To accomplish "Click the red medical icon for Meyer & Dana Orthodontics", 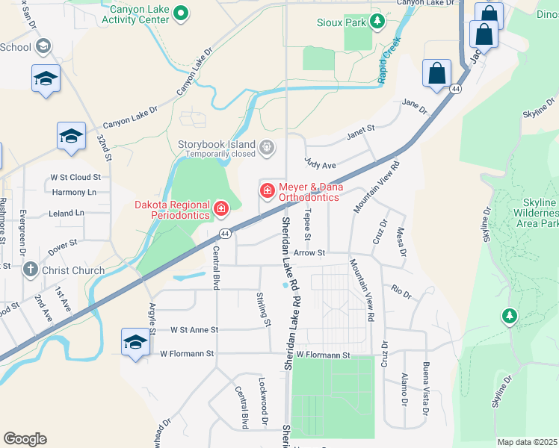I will coord(267,191).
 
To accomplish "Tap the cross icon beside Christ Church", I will coord(31,270).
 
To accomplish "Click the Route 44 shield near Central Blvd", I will coord(225,234).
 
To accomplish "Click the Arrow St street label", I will coord(309,253).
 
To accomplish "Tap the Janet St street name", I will coord(359,134).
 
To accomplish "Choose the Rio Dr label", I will coord(401,291).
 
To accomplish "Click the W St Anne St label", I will coord(194,329).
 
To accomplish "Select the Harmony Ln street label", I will coord(75,192).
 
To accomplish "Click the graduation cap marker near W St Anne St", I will coord(135,343).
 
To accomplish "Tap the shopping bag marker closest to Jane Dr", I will coord(436,74).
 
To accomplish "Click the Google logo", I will coord(25,439).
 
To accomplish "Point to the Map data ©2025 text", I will coord(527,442).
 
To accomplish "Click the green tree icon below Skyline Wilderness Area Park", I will coord(510,317).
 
